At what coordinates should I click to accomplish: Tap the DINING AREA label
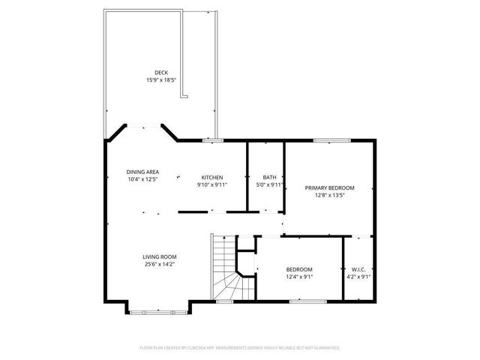(x=142, y=172)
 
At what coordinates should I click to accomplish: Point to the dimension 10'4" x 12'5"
(x=142, y=178)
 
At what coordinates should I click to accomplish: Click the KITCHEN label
(x=211, y=178)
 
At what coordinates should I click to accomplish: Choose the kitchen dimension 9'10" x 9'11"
(x=211, y=184)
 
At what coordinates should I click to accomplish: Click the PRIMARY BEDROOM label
(x=328, y=187)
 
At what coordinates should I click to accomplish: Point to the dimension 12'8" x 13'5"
(x=328, y=195)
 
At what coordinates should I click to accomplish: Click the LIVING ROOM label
(x=160, y=256)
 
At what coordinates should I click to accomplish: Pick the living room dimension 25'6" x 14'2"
(x=160, y=263)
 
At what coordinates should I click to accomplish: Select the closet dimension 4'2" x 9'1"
(x=358, y=276)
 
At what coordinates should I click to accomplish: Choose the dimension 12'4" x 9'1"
(x=299, y=276)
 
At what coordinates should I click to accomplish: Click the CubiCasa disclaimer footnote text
(x=240, y=348)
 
